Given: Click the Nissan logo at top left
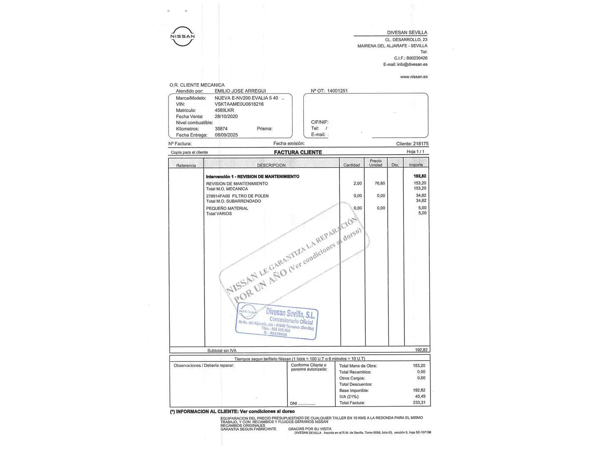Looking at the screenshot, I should pos(183,36).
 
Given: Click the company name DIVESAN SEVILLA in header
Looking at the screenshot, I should pos(407,32).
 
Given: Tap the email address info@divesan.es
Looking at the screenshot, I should pos(412,64).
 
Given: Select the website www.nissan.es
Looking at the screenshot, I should pos(413,77).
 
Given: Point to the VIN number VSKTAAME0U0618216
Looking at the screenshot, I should pos(239,104).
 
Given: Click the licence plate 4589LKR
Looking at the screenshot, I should pos(224,110).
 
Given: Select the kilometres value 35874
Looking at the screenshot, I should pos(221,129).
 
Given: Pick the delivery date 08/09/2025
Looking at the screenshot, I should pos(226,135).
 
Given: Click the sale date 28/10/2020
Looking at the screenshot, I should pos(226,116).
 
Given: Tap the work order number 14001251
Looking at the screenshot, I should pos(337,91).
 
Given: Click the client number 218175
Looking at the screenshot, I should pos(421,144).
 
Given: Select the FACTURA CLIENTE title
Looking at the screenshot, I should pos(298,153).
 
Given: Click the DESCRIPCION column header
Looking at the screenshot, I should pos(271,165).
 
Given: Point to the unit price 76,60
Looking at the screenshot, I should pos(379,183).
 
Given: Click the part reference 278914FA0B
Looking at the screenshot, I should pos(218,196).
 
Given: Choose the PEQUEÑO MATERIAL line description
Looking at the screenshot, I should pos(227,208).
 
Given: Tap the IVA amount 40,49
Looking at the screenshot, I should pos(420,397).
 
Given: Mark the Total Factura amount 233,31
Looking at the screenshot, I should pos(419,402).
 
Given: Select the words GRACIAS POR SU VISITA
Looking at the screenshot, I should pos(310,429).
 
